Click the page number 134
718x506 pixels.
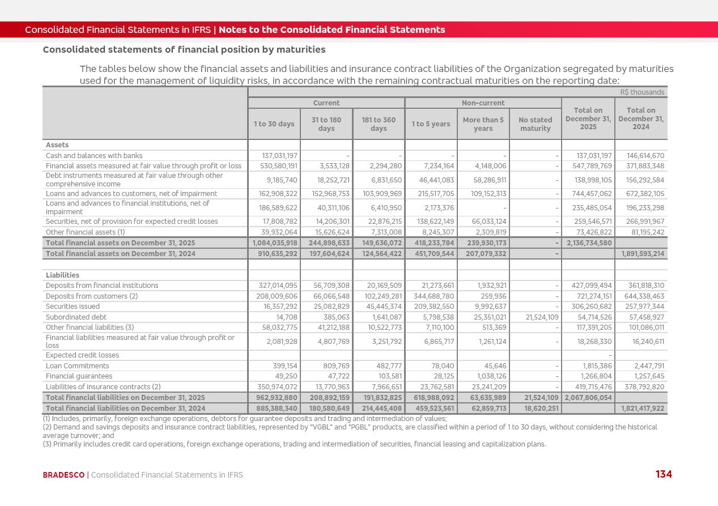(x=664, y=474)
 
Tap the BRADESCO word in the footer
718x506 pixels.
(x=63, y=475)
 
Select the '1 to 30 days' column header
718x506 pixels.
(x=274, y=124)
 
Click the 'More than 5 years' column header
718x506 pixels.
(x=483, y=124)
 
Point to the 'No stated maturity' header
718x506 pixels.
(x=535, y=124)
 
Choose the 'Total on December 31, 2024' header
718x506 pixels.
(x=641, y=118)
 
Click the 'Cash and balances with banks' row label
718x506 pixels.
(x=94, y=156)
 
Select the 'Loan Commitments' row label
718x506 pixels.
(x=77, y=366)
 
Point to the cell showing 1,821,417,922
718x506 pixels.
(x=641, y=408)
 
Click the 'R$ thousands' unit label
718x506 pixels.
(x=642, y=92)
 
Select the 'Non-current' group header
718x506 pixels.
(x=483, y=103)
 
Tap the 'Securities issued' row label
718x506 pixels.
(x=73, y=307)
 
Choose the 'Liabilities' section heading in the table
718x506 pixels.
(x=62, y=275)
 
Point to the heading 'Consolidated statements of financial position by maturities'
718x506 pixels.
(x=184, y=50)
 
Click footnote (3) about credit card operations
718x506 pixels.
(x=294, y=444)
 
